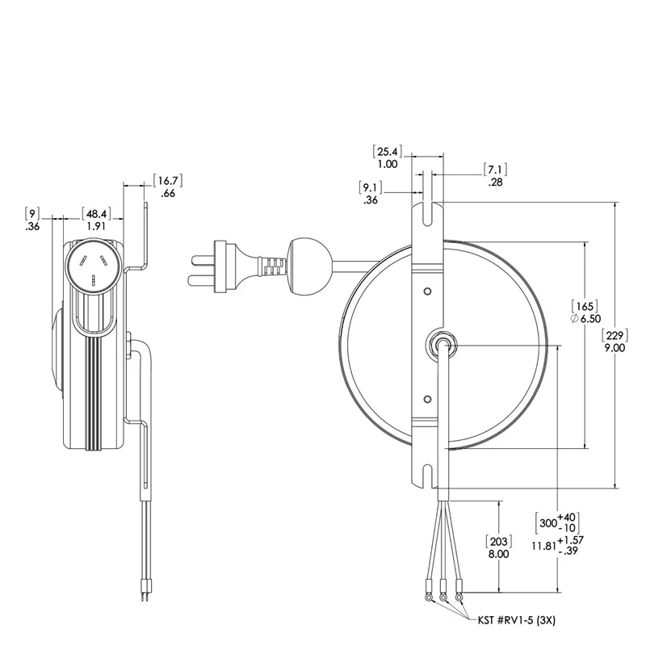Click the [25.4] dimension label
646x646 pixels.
[x=388, y=151]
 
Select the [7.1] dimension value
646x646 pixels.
[x=495, y=170]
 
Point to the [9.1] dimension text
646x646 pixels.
[x=371, y=187]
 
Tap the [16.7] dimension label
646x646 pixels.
[x=168, y=180]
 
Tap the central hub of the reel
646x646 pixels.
[x=441, y=343]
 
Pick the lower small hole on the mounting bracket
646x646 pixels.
[x=428, y=396]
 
